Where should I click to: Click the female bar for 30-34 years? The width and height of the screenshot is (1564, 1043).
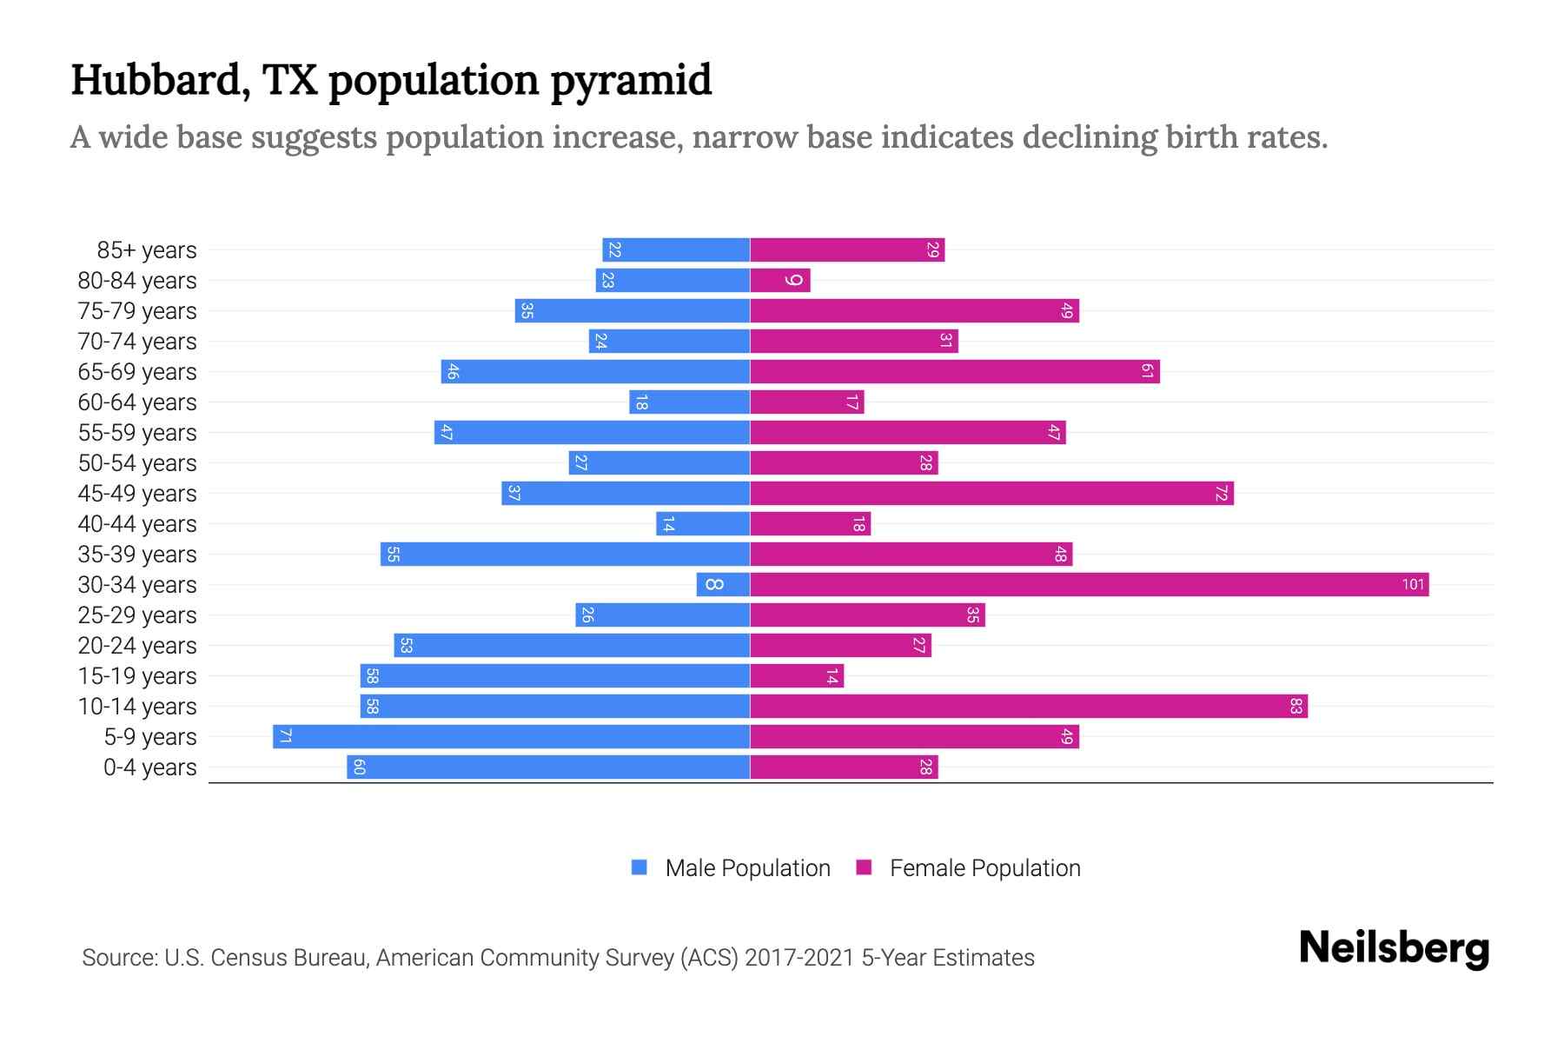click(1089, 585)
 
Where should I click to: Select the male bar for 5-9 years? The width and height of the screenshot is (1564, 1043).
click(511, 737)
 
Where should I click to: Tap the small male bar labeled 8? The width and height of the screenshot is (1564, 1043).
click(722, 585)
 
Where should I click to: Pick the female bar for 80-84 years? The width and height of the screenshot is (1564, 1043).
click(779, 281)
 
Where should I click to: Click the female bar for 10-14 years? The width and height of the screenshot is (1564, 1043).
click(1028, 707)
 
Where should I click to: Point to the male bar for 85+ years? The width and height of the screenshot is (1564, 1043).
click(676, 250)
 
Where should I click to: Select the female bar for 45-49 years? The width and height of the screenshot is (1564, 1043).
click(991, 494)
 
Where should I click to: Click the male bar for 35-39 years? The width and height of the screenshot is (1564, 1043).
click(565, 555)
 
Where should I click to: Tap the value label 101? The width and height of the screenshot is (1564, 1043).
click(1413, 585)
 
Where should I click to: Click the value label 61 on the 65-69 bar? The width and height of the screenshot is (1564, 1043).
click(1147, 372)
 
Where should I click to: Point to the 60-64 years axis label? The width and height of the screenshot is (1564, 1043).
click(137, 402)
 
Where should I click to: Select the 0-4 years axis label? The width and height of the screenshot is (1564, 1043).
click(149, 767)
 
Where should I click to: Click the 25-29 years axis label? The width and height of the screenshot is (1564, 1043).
click(137, 615)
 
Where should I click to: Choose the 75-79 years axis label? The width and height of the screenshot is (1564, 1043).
click(137, 311)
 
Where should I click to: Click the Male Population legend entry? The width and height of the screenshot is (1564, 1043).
click(747, 868)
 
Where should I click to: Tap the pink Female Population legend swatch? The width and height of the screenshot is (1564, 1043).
click(864, 867)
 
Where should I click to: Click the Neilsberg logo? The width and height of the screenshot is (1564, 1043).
click(1394, 948)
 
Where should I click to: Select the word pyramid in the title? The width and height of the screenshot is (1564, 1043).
click(631, 81)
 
